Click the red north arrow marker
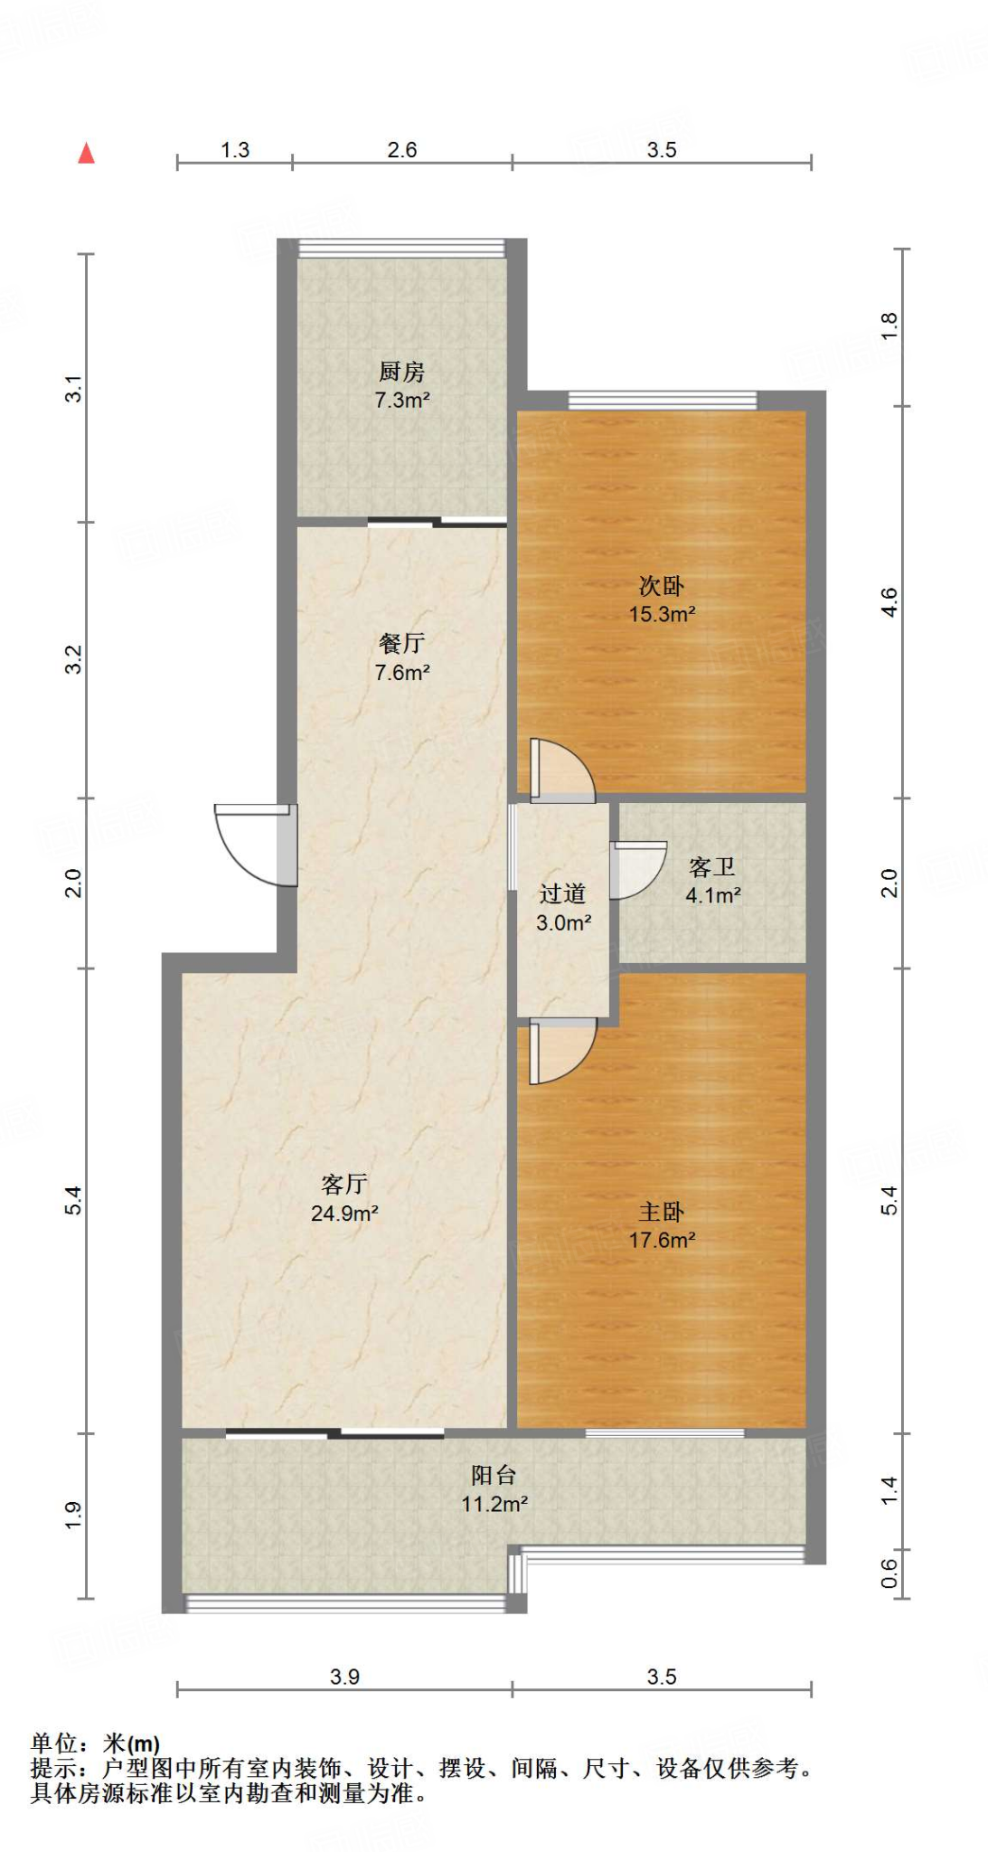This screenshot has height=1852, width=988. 87,153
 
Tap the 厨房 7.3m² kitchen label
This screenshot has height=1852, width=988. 401,385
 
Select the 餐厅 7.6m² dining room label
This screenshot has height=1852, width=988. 401,657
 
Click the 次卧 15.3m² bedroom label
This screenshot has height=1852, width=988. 662,600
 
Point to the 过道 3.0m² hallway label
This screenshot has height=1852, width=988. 563,908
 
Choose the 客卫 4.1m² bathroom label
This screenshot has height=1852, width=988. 712,881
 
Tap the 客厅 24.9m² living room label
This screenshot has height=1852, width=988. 343,1198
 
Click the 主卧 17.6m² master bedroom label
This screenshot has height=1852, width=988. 662,1225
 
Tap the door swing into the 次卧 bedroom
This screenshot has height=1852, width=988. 561,771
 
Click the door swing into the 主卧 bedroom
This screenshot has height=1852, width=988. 561,1051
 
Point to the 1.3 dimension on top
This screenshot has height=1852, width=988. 235,150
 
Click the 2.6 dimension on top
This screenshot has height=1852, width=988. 401,150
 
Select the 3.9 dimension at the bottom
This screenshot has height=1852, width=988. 344,1677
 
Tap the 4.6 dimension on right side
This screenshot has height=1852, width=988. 889,602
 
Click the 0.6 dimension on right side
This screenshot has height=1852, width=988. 889,1573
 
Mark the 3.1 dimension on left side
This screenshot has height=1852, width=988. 73,388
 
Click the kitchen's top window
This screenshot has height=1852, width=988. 401,249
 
